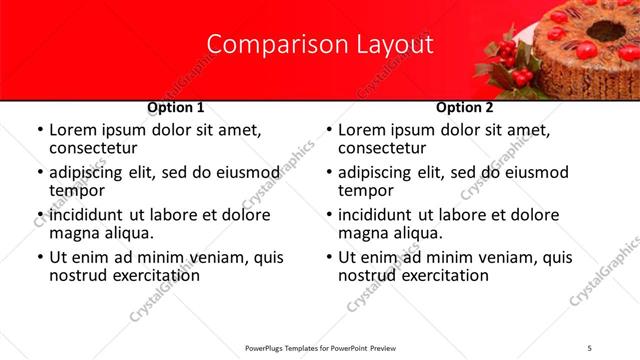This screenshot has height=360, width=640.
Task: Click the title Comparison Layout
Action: tap(319, 45)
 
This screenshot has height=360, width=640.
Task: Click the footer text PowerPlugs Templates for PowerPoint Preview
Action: tap(319, 348)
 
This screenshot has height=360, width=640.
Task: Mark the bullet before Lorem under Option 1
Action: tap(40, 131)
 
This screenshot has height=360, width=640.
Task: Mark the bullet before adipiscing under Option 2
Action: tap(329, 173)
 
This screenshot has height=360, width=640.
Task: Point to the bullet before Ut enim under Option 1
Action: tap(40, 257)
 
